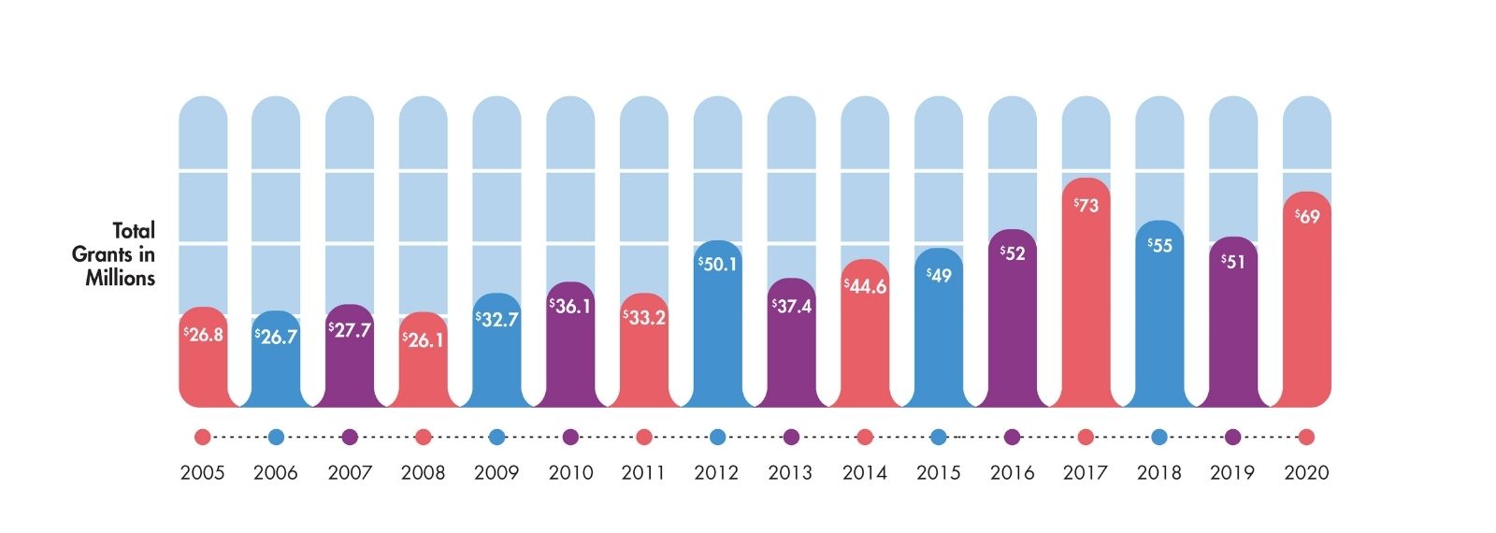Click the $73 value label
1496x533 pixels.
point(1086,205)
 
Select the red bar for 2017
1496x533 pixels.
point(1086,309)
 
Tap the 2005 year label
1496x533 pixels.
point(203,473)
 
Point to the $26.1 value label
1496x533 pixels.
point(423,339)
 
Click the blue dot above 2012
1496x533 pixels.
point(718,437)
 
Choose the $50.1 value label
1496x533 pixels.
point(718,265)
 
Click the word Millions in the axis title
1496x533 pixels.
point(121,278)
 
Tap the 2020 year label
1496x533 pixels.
point(1306,473)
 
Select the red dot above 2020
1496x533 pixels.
point(1306,437)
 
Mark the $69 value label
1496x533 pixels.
point(1307,217)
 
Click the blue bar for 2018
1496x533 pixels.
point(1159,327)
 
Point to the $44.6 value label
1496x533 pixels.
point(865,286)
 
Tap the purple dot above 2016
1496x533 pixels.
point(1012,437)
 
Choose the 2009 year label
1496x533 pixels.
point(496,473)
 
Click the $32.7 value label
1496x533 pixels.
point(496,320)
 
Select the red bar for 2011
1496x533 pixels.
point(644,365)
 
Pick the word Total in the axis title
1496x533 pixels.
point(134,230)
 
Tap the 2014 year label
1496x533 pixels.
point(865,473)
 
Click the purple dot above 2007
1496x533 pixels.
point(350,437)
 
